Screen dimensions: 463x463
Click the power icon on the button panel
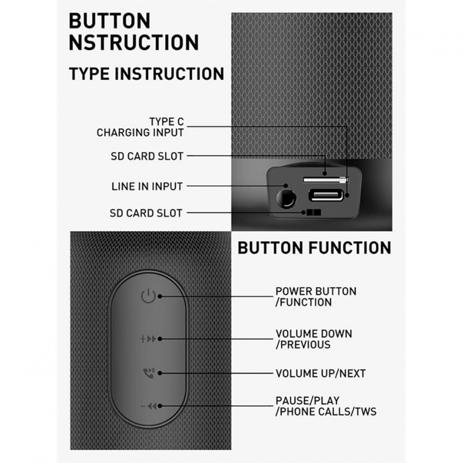(x=148, y=296)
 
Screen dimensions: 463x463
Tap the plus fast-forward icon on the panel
(x=148, y=339)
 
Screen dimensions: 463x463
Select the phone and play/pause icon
(x=149, y=373)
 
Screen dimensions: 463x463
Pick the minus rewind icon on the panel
(x=149, y=406)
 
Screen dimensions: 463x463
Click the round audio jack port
(x=286, y=199)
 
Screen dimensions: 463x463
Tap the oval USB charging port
(x=326, y=195)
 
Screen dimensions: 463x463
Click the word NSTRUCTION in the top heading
(x=134, y=43)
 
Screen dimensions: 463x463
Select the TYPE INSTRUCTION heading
(x=146, y=74)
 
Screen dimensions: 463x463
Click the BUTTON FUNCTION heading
(x=314, y=248)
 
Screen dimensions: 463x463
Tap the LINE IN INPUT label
(x=147, y=186)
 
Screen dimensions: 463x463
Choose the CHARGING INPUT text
(x=141, y=132)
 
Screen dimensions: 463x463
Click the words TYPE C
(x=166, y=122)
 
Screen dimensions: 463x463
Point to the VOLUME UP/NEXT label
(x=321, y=374)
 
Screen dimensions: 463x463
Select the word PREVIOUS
(x=305, y=345)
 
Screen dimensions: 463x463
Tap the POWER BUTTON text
(x=316, y=291)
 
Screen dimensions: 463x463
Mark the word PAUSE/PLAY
(x=307, y=401)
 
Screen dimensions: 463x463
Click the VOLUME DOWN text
(x=314, y=334)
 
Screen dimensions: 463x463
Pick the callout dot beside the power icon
(x=160, y=296)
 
